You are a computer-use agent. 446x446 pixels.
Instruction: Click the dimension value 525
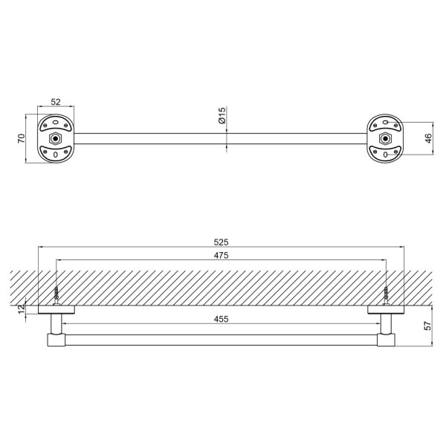tap(221, 242)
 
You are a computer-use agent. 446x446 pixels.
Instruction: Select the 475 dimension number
tap(221, 256)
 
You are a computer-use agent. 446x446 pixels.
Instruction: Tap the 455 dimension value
tap(221, 319)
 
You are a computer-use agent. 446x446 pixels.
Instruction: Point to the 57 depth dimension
tap(427, 326)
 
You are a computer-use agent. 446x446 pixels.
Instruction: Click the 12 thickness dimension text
tap(22, 309)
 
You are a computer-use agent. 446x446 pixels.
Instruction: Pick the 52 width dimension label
tap(56, 102)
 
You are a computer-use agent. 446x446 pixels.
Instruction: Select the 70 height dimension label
tap(22, 138)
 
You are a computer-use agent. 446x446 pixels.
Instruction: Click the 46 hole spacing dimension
tap(428, 138)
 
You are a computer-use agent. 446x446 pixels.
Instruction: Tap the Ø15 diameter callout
tap(222, 115)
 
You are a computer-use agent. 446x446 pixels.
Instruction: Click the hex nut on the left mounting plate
tap(55, 138)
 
